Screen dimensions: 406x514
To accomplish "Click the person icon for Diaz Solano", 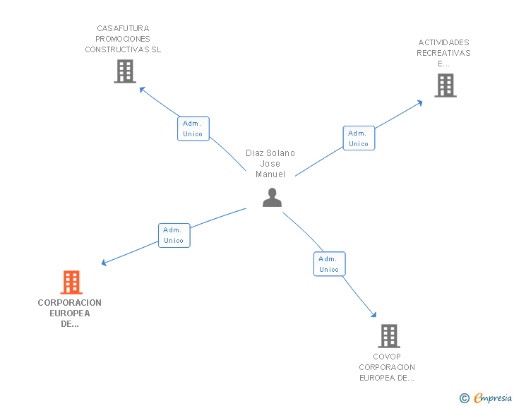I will pos(272,198).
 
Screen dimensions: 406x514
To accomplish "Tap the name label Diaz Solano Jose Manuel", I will pos(270,163).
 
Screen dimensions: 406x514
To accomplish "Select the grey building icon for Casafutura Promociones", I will pos(125,71).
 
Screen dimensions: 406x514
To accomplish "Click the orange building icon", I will pos(71,282).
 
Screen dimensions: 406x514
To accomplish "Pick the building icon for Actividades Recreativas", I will pos(445,85).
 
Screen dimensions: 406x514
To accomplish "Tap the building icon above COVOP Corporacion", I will pos(388,335).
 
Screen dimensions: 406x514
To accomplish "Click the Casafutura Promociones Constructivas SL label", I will pos(124,39).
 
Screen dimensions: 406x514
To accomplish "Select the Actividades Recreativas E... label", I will pos(443,53).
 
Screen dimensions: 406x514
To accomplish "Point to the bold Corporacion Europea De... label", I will pos(70,314).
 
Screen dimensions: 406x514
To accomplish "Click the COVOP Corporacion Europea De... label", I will pos(387,367).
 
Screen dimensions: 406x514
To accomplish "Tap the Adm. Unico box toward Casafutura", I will pos(193,129).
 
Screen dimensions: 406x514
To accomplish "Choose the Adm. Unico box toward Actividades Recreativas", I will pos(359,138).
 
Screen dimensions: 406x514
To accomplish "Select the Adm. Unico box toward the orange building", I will pos(174,235).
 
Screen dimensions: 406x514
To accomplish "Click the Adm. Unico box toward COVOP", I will pos(329,264).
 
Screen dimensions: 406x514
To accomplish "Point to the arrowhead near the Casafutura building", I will pos(141,89).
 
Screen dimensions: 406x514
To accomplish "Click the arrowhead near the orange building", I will pos(104,263).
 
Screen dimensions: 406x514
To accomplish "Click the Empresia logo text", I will pos(493,398).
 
